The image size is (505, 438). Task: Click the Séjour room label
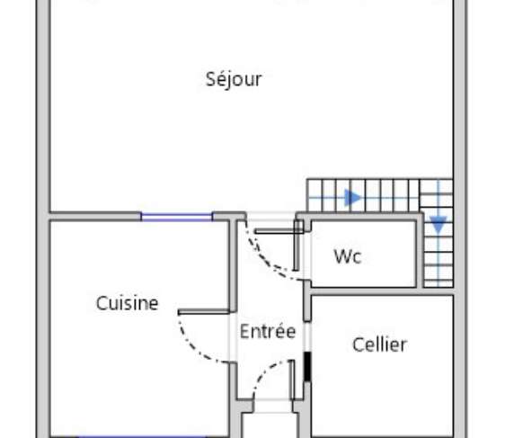pyautogui.click(x=234, y=79)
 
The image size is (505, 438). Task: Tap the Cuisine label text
pyautogui.click(x=128, y=303)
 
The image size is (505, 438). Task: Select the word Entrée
pyautogui.click(x=268, y=331)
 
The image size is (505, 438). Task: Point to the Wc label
pyautogui.click(x=348, y=256)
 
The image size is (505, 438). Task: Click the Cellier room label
pyautogui.click(x=380, y=344)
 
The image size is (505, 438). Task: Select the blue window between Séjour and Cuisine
pyautogui.click(x=176, y=217)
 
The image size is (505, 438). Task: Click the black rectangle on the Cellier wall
pyautogui.click(x=307, y=366)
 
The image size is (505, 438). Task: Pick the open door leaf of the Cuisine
pyautogui.click(x=204, y=312)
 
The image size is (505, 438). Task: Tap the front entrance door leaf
pyautogui.click(x=293, y=380)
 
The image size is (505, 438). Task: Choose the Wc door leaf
pyautogui.click(x=279, y=231)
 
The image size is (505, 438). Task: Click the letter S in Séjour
pyautogui.click(x=210, y=79)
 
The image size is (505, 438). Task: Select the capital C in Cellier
pyautogui.click(x=358, y=344)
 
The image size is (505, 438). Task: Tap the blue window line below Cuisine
pyautogui.click(x=142, y=437)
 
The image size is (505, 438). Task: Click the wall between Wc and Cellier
pyautogui.click(x=382, y=291)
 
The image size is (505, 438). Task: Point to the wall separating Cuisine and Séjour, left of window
pyautogui.click(x=95, y=217)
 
